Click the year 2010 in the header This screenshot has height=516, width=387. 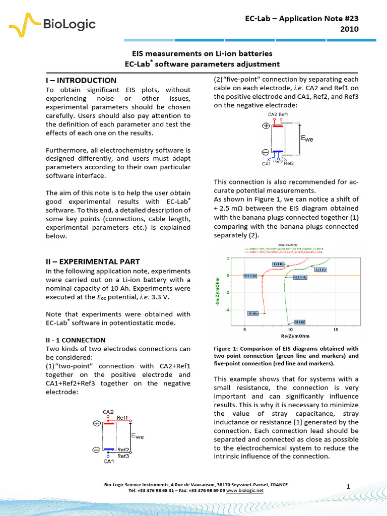pos(349,29)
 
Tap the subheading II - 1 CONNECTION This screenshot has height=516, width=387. pos(76,340)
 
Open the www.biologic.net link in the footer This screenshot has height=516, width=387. pos(245,490)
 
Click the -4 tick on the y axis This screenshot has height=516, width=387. pos(227,310)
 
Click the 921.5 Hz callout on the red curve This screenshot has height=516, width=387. pos(251,277)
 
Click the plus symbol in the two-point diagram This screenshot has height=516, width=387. pos(96,424)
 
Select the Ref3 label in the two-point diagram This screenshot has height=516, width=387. pos(123,456)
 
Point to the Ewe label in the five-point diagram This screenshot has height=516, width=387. pos(307,138)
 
